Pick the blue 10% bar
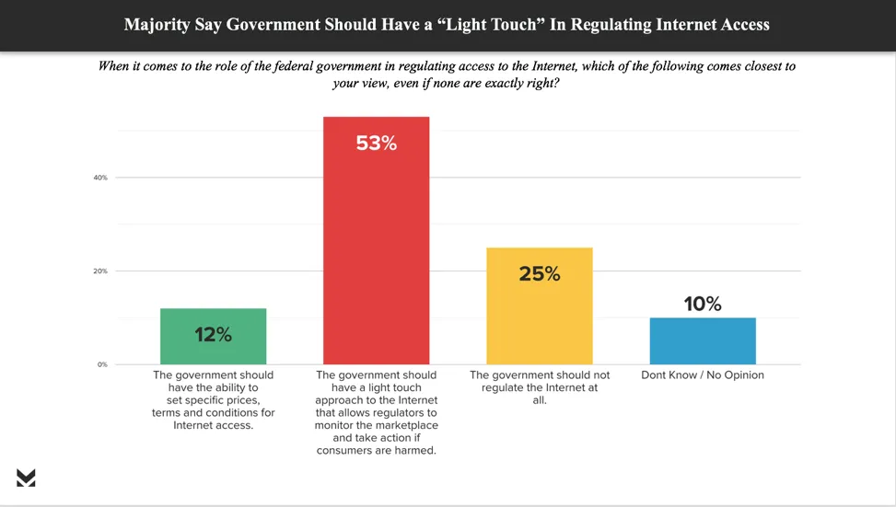tap(703, 341)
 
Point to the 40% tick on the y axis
tap(100, 178)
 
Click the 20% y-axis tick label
tap(100, 271)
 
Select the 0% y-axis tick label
tap(102, 365)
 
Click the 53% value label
tap(376, 144)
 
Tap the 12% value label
tap(213, 335)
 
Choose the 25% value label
tap(539, 273)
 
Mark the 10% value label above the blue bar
tap(703, 304)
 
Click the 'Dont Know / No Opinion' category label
tap(703, 375)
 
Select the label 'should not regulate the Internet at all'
tap(539, 388)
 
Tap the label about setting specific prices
tap(213, 400)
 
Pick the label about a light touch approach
tap(376, 413)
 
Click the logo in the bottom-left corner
tap(26, 477)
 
